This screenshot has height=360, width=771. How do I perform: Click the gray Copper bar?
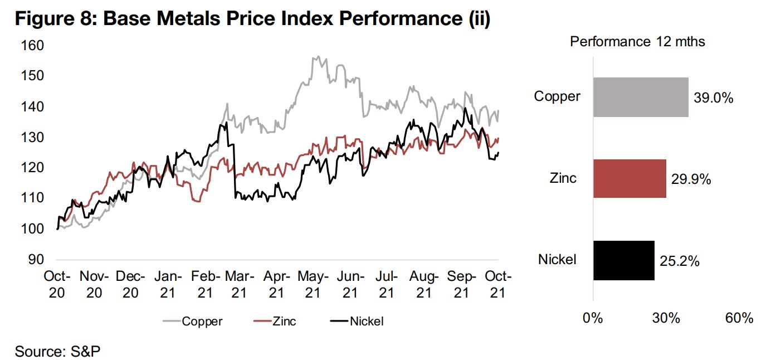pos(641,98)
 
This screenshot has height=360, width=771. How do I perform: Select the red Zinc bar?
pos(630,179)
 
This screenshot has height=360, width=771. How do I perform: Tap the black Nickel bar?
pos(623,260)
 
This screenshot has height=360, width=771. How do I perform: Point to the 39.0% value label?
pos(714,98)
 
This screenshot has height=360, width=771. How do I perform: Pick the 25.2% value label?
pos(679,261)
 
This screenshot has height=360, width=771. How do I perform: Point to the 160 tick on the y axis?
pos(32,45)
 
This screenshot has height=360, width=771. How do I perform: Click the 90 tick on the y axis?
pos(36,260)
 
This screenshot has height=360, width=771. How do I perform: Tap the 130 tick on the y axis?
pos(32,137)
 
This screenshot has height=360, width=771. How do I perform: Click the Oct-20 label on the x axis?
pos(57,284)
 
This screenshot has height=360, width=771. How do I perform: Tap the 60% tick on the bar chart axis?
pos(740,319)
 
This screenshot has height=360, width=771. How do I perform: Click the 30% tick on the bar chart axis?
pos(666,319)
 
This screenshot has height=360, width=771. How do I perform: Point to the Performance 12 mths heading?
pos(636,42)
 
